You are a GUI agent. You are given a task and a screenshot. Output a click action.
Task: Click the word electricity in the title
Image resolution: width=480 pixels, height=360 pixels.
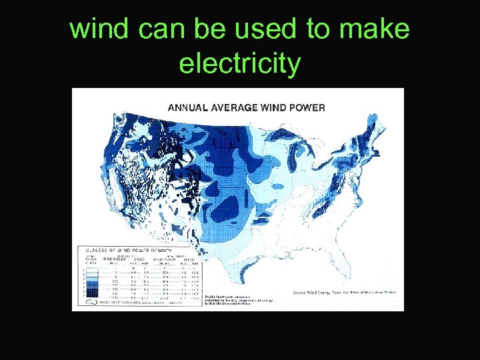click(240, 65)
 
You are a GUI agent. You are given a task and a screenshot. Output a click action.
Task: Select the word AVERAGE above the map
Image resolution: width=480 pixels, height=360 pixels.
click(231, 107)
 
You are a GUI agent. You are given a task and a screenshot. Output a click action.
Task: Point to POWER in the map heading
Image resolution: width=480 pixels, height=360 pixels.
click(308, 107)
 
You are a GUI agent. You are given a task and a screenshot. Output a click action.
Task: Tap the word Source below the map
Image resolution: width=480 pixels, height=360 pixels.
click(299, 292)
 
